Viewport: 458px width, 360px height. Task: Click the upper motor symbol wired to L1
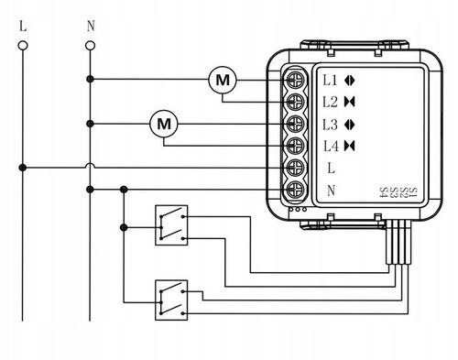[223, 80]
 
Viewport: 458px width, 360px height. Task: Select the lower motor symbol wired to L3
[164, 124]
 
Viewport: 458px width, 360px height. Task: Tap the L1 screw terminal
[295, 80]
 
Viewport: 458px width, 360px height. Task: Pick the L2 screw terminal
[295, 102]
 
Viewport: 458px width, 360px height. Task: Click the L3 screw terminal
[295, 124]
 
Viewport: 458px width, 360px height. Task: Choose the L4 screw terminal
[295, 146]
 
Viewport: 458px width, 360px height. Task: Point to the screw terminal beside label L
[295, 168]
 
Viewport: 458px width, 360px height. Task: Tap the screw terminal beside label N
[295, 190]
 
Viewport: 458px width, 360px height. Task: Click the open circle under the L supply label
[23, 46]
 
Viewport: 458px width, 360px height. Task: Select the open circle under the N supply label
[90, 46]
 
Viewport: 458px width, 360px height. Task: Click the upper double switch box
[171, 225]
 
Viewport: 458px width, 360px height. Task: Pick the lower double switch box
[171, 300]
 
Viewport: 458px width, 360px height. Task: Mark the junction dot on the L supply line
[23, 168]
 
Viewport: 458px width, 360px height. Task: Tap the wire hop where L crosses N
[90, 165]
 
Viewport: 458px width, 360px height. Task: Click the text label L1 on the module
[330, 81]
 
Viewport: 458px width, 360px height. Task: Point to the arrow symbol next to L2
[350, 102]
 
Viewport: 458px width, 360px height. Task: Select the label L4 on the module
[331, 147]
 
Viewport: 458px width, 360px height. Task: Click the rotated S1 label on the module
[412, 192]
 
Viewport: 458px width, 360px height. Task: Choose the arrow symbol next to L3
[350, 125]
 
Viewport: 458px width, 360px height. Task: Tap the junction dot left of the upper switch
[124, 227]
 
